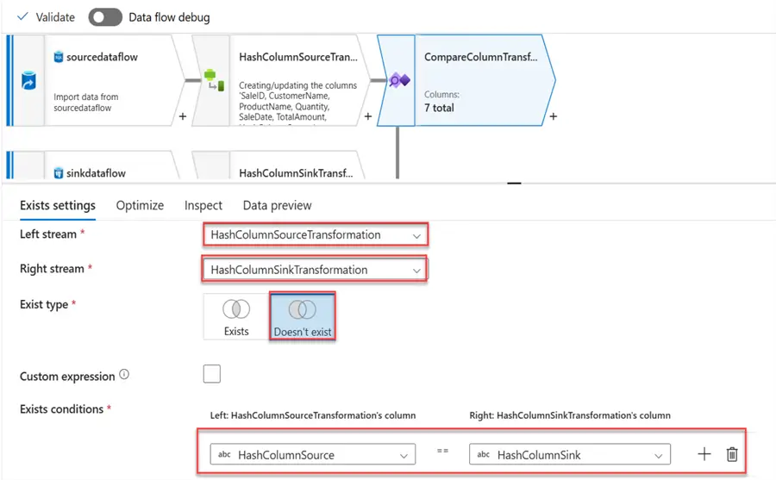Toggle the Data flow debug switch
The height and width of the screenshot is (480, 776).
click(x=104, y=16)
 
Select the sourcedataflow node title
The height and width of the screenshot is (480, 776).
click(x=102, y=57)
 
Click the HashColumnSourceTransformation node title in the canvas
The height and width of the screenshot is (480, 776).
click(x=297, y=57)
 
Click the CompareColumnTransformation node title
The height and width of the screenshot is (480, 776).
click(x=480, y=57)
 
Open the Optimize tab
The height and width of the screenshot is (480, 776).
click(x=140, y=205)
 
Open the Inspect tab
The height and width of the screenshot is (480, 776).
click(x=203, y=205)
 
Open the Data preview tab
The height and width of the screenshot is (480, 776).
click(x=277, y=205)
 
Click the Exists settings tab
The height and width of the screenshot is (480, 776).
click(x=57, y=205)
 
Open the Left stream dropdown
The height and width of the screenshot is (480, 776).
click(x=315, y=234)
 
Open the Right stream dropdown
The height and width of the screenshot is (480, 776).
click(x=315, y=270)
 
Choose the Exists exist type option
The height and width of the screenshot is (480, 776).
click(x=236, y=315)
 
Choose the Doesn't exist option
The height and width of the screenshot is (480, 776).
click(x=302, y=315)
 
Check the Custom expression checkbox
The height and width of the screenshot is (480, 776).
click(x=211, y=373)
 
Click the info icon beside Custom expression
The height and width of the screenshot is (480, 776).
click(x=124, y=375)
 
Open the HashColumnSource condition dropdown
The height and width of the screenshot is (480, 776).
click(x=313, y=454)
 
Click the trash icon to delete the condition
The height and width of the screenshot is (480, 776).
click(x=732, y=454)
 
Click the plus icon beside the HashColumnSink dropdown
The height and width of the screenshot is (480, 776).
click(x=704, y=454)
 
